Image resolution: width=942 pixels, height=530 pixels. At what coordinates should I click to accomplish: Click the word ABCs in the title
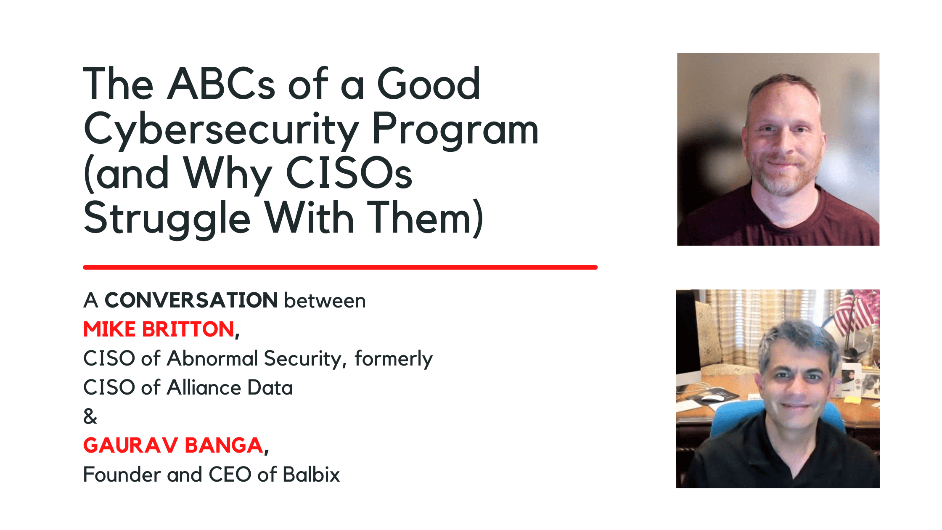pyautogui.click(x=221, y=84)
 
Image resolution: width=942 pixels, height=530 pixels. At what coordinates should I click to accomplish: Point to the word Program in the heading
pyautogui.click(x=455, y=130)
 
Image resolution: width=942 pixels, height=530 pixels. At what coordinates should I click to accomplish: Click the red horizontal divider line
pyautogui.click(x=340, y=267)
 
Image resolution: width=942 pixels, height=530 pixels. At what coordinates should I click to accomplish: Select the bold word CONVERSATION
pyautogui.click(x=191, y=300)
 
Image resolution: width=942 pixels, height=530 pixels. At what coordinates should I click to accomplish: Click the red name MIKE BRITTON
pyautogui.click(x=159, y=329)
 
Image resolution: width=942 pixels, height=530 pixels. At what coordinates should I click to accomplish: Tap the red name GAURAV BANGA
pyautogui.click(x=173, y=445)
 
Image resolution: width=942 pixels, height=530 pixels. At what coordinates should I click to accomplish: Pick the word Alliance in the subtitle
pyautogui.click(x=204, y=387)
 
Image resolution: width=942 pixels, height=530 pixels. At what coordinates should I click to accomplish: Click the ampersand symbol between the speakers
pyautogui.click(x=90, y=416)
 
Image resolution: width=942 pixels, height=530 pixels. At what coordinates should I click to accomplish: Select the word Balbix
pyautogui.click(x=311, y=474)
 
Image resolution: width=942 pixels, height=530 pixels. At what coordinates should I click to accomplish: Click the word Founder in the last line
pyautogui.click(x=122, y=474)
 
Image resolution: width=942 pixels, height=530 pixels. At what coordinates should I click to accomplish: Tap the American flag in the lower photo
pyautogui.click(x=854, y=313)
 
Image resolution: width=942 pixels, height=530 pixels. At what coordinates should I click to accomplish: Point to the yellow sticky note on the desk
pyautogui.click(x=852, y=400)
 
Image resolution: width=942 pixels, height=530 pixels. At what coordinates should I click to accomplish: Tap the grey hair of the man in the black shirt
pyautogui.click(x=797, y=341)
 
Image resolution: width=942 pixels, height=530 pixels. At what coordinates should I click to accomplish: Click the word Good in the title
pyautogui.click(x=429, y=84)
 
